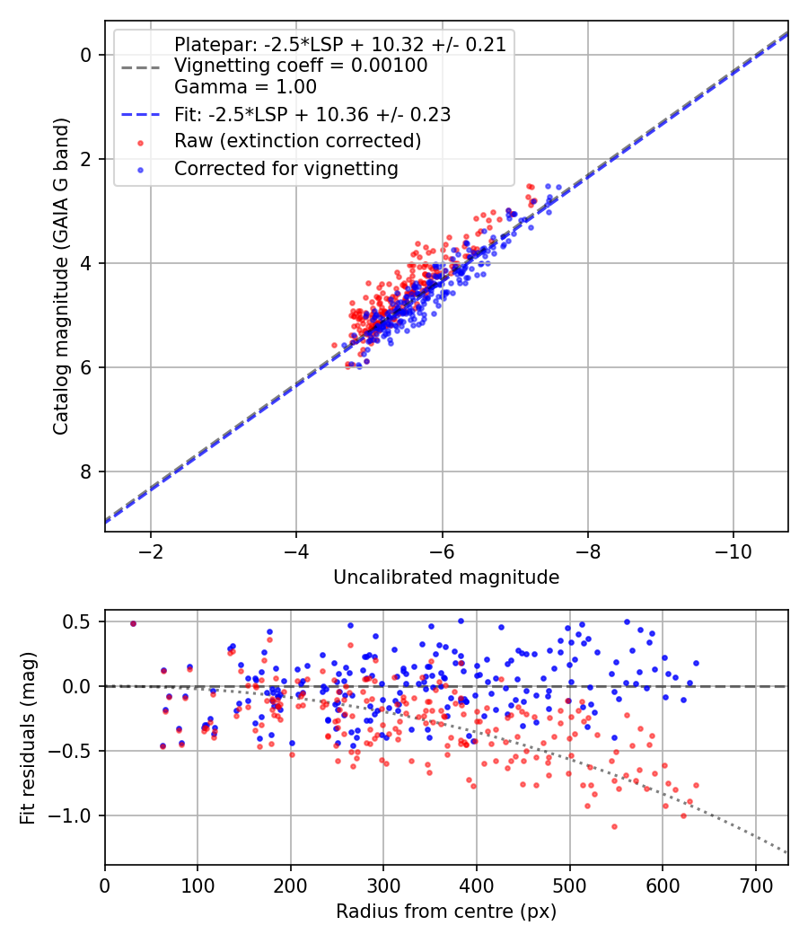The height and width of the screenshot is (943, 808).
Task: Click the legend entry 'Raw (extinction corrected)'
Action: [x=297, y=141]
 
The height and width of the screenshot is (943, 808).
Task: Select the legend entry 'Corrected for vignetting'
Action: [x=285, y=168]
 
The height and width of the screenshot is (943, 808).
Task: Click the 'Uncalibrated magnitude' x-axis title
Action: [x=446, y=577]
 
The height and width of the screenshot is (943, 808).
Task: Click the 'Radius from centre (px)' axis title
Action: [x=446, y=912]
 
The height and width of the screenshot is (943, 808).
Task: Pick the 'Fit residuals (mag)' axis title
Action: [x=28, y=737]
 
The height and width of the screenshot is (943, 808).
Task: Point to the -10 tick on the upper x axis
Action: [x=733, y=550]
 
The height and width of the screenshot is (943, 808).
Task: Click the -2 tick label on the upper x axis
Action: [x=150, y=550]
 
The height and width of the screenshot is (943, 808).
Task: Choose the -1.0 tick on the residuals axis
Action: [x=76, y=815]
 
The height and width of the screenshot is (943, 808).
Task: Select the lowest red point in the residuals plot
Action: [x=615, y=826]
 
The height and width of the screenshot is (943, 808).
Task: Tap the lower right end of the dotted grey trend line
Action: [x=787, y=852]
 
